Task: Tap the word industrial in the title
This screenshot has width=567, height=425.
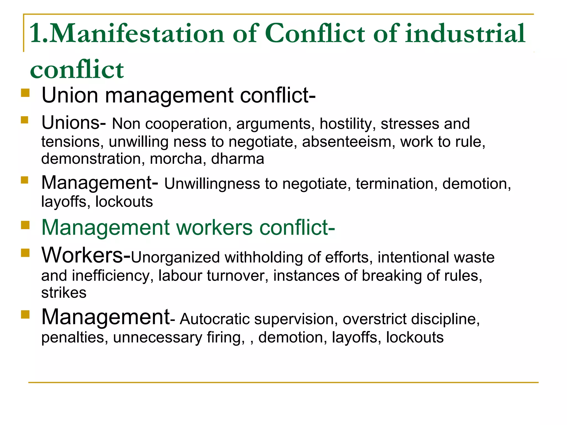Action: [465, 34]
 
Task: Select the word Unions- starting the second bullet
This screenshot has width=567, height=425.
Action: [73, 123]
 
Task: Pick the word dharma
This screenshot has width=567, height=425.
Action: [238, 159]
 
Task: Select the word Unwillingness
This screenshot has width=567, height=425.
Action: [212, 184]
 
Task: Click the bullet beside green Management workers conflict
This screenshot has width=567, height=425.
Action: [25, 225]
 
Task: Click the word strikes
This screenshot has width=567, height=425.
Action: [64, 293]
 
